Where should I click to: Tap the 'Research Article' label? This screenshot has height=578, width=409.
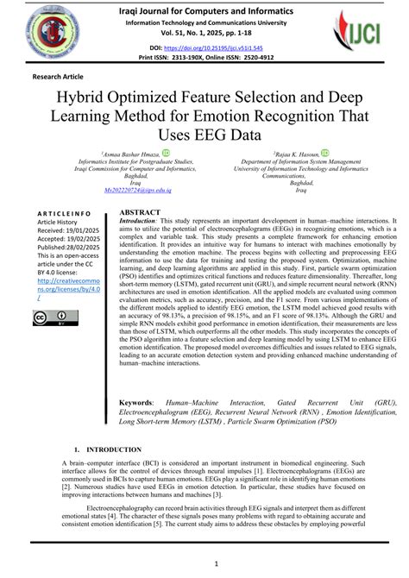pyautogui.click(x=58, y=77)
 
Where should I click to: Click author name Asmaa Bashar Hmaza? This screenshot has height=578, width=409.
pyautogui.click(x=132, y=153)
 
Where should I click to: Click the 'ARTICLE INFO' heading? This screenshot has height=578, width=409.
pyautogui.click(x=66, y=211)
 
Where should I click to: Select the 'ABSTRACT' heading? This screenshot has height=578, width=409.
pyautogui.click(x=139, y=211)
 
